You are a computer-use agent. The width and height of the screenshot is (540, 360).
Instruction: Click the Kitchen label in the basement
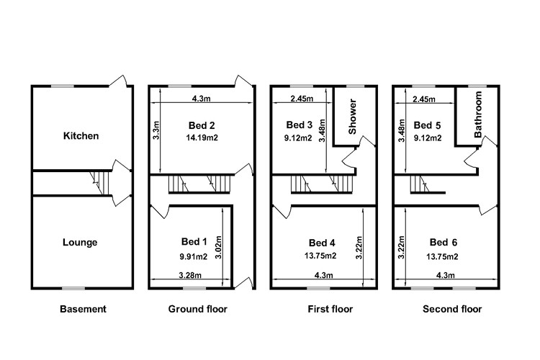81,136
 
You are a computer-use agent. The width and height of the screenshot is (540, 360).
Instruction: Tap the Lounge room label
80,243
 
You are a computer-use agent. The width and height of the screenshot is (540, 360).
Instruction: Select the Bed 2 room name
202,125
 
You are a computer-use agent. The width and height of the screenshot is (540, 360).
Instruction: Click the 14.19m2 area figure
202,138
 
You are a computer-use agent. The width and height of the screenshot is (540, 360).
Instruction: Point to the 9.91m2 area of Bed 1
194,256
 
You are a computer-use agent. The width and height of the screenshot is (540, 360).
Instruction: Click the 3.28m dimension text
190,275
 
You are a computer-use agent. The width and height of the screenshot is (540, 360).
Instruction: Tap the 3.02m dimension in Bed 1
217,248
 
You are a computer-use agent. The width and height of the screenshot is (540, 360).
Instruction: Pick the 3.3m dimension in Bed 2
156,130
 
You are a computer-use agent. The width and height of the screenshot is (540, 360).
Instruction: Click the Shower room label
352,117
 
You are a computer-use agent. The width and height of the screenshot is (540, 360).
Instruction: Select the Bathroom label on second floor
478,114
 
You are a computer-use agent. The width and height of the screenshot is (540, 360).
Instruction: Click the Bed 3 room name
300,125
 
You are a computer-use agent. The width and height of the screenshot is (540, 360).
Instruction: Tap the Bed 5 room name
427,125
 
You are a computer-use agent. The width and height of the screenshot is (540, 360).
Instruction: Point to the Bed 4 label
322,243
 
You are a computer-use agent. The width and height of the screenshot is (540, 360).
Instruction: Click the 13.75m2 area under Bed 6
442,256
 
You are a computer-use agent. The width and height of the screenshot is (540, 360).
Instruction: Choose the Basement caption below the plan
83,309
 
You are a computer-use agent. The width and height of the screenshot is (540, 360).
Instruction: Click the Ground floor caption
198,309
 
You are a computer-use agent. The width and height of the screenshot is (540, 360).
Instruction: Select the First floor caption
330,309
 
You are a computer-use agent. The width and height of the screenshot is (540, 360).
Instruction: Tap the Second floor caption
452,309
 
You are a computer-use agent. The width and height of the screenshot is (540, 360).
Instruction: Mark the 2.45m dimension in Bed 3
302,99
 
